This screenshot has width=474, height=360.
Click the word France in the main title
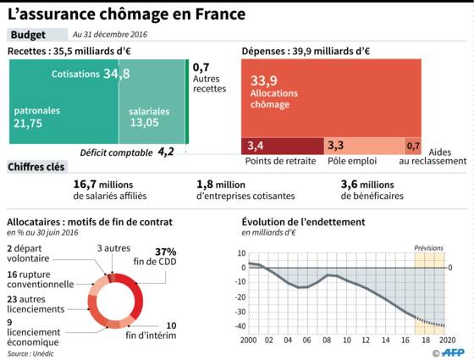pos(220,14)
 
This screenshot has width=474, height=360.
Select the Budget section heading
pos(28,35)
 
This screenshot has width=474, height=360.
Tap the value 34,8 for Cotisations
pos(117,74)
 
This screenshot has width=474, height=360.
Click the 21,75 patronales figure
pos(28,124)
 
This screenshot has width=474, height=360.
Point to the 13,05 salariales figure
pos(145,123)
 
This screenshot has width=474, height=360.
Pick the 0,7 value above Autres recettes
pos(201,67)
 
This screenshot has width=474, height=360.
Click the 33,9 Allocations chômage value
pos(263,80)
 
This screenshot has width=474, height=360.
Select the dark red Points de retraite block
pos(283,146)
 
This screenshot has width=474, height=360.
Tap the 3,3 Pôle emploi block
pos(364,146)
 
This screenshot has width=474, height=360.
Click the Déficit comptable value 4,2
pos(166,152)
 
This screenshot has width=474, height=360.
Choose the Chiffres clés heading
pos(36,167)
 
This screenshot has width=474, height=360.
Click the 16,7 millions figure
pos(103,185)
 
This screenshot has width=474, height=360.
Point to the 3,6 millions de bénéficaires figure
pos(372,190)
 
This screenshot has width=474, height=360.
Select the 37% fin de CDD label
pos(155,257)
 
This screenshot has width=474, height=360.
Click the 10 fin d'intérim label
pos(151,330)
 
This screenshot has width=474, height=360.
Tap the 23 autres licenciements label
pos(36,304)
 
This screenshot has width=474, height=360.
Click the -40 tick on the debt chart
pos(240,326)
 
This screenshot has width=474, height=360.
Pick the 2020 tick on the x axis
pos(445,340)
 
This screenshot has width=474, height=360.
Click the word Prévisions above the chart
pos(428,248)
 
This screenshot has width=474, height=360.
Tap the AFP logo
pos(453,352)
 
